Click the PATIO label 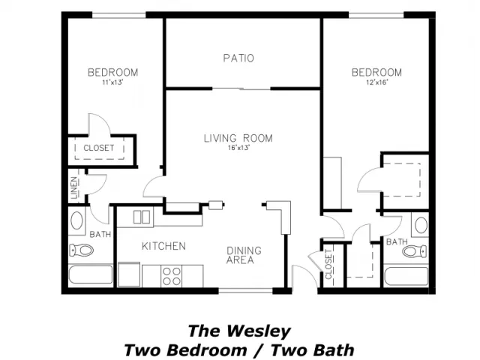(238, 58)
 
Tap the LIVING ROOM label (238, 138)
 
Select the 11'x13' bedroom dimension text (112, 82)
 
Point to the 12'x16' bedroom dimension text (376, 82)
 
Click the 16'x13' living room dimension (238, 148)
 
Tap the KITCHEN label (163, 246)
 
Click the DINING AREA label (244, 255)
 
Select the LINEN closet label (74, 188)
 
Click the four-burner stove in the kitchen (172, 276)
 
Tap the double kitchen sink (142, 217)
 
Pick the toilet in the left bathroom (81, 250)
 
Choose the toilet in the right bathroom (415, 251)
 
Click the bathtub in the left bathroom (91, 274)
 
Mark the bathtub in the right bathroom (406, 276)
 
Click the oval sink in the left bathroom (76, 220)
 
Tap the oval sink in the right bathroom (421, 225)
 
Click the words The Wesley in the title (239, 331)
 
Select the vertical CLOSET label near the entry (328, 264)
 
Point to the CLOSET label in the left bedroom (98, 148)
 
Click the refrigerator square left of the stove (129, 274)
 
